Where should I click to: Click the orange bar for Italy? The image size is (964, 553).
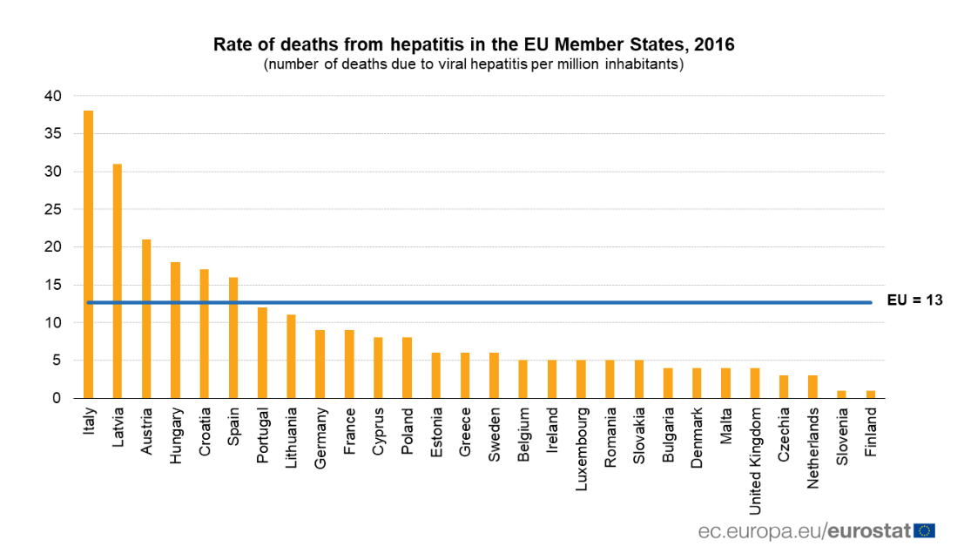click(88, 254)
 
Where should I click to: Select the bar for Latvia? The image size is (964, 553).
click(117, 280)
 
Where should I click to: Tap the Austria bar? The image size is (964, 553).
click(146, 319)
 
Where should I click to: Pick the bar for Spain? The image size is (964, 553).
click(233, 338)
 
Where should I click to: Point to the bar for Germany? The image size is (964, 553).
click(320, 364)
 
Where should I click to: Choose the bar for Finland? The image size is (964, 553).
click(871, 395)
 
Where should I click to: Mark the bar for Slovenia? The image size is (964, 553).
click(842, 395)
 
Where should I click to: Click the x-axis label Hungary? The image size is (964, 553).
click(176, 432)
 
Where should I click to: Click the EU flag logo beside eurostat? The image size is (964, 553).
click(924, 529)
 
